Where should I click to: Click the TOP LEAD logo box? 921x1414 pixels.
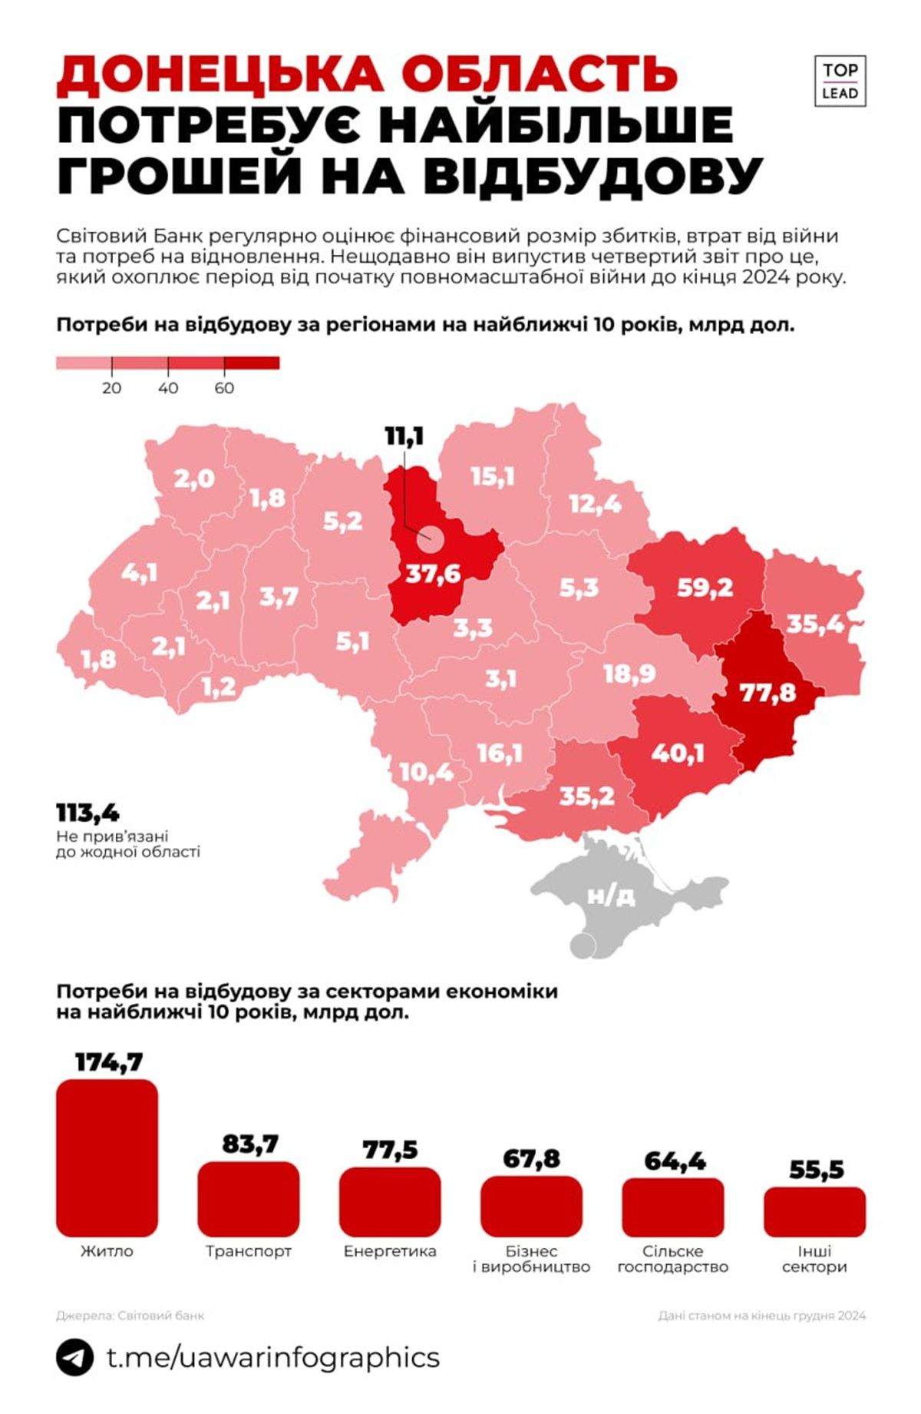tap(840, 81)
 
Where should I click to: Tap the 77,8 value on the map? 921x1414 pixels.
tap(767, 693)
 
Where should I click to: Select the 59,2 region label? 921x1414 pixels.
tap(705, 588)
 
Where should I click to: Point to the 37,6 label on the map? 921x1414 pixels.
tap(433, 573)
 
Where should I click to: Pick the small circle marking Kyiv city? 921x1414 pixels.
tap(430, 539)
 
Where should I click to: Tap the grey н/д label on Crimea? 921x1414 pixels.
tap(611, 896)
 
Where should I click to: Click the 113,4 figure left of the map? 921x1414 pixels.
tap(87, 813)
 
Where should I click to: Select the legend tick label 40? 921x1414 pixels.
tap(168, 388)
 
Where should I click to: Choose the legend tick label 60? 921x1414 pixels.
tap(224, 388)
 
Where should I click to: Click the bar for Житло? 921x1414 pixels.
tap(107, 1157)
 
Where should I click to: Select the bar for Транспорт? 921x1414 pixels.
tap(248, 1198)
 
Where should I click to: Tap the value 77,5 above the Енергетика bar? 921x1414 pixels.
tap(390, 1150)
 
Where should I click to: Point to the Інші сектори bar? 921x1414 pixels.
tap(814, 1212)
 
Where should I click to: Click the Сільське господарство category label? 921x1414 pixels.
tap(672, 1259)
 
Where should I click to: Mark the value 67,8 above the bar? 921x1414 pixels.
tap(531, 1158)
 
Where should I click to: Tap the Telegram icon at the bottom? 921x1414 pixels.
tap(74, 1357)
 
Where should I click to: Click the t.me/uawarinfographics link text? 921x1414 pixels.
tap(272, 1357)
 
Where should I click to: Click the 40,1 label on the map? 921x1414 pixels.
tap(678, 753)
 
